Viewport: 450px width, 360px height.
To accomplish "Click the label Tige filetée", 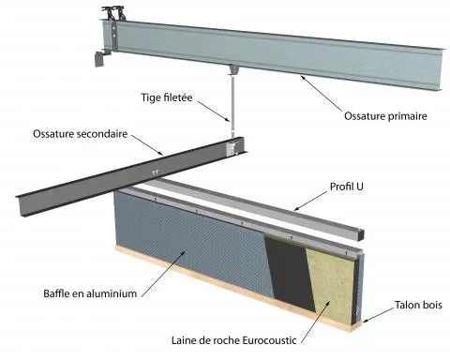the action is tap(167, 97).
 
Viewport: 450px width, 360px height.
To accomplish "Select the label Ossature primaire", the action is tap(385, 116).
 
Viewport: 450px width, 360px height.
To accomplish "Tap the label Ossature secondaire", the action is tap(81, 134).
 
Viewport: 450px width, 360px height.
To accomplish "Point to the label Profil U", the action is tap(346, 187).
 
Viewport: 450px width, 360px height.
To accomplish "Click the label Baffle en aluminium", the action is tap(90, 293).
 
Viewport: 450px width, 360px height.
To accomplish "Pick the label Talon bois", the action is tap(418, 305).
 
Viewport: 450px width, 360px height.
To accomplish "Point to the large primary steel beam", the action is tap(272, 53).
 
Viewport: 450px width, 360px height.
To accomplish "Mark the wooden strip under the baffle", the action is tap(237, 289).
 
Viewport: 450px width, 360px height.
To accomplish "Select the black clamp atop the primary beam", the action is tap(112, 13).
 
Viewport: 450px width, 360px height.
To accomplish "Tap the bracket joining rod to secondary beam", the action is tap(232, 148).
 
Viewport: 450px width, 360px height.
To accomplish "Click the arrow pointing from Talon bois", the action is tap(379, 314).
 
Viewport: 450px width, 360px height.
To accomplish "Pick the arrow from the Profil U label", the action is tap(310, 201).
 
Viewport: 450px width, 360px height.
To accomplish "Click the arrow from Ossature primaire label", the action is tap(321, 93).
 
